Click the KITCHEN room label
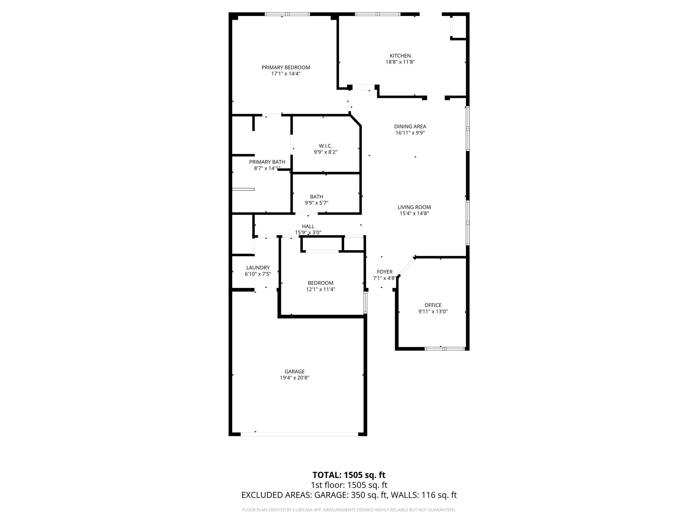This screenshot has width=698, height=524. click(400, 56)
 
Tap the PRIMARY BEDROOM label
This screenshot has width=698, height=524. click(286, 68)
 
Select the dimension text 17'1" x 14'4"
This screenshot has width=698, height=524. click(286, 74)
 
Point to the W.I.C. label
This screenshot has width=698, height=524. click(325, 146)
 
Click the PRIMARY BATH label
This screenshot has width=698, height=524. click(267, 162)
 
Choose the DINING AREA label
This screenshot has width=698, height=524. click(410, 127)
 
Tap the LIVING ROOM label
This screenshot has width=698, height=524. click(414, 207)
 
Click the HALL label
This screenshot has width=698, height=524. click(308, 227)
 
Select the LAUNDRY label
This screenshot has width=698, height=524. click(258, 268)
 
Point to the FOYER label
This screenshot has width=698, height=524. click(384, 272)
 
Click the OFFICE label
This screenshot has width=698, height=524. click(433, 305)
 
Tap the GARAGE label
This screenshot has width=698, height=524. click(294, 372)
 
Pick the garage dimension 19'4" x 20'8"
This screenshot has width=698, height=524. click(294, 378)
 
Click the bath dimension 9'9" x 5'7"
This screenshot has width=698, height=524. click(317, 203)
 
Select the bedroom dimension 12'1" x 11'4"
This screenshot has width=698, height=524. click(320, 289)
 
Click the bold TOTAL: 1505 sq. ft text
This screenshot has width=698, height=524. click(349, 475)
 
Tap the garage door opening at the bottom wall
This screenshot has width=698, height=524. click(299, 434)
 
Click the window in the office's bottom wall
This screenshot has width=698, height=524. click(445, 349)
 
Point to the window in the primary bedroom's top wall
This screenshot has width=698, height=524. click(287, 14)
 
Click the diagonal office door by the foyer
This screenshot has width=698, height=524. click(407, 267)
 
